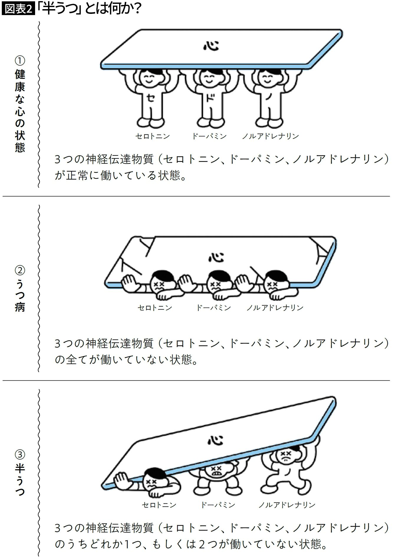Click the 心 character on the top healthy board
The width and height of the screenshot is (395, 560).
click(211, 46)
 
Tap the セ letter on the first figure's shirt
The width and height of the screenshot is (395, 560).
click(150, 98)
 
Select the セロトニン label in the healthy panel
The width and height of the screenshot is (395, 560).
click(153, 136)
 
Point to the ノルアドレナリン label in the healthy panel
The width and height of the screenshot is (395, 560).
click(270, 136)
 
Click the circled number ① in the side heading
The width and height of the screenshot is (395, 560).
click(20, 61)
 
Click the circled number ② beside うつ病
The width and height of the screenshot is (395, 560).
click(20, 270)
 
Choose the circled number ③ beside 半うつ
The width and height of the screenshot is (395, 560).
click(20, 454)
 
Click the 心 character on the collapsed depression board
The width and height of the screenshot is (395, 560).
click(216, 257)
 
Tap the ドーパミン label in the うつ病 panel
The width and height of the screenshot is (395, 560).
click(213, 308)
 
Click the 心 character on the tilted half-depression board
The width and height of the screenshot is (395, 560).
click(215, 440)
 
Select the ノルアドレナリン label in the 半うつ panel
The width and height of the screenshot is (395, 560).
click(287, 505)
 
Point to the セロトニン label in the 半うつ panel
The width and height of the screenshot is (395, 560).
click(159, 505)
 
